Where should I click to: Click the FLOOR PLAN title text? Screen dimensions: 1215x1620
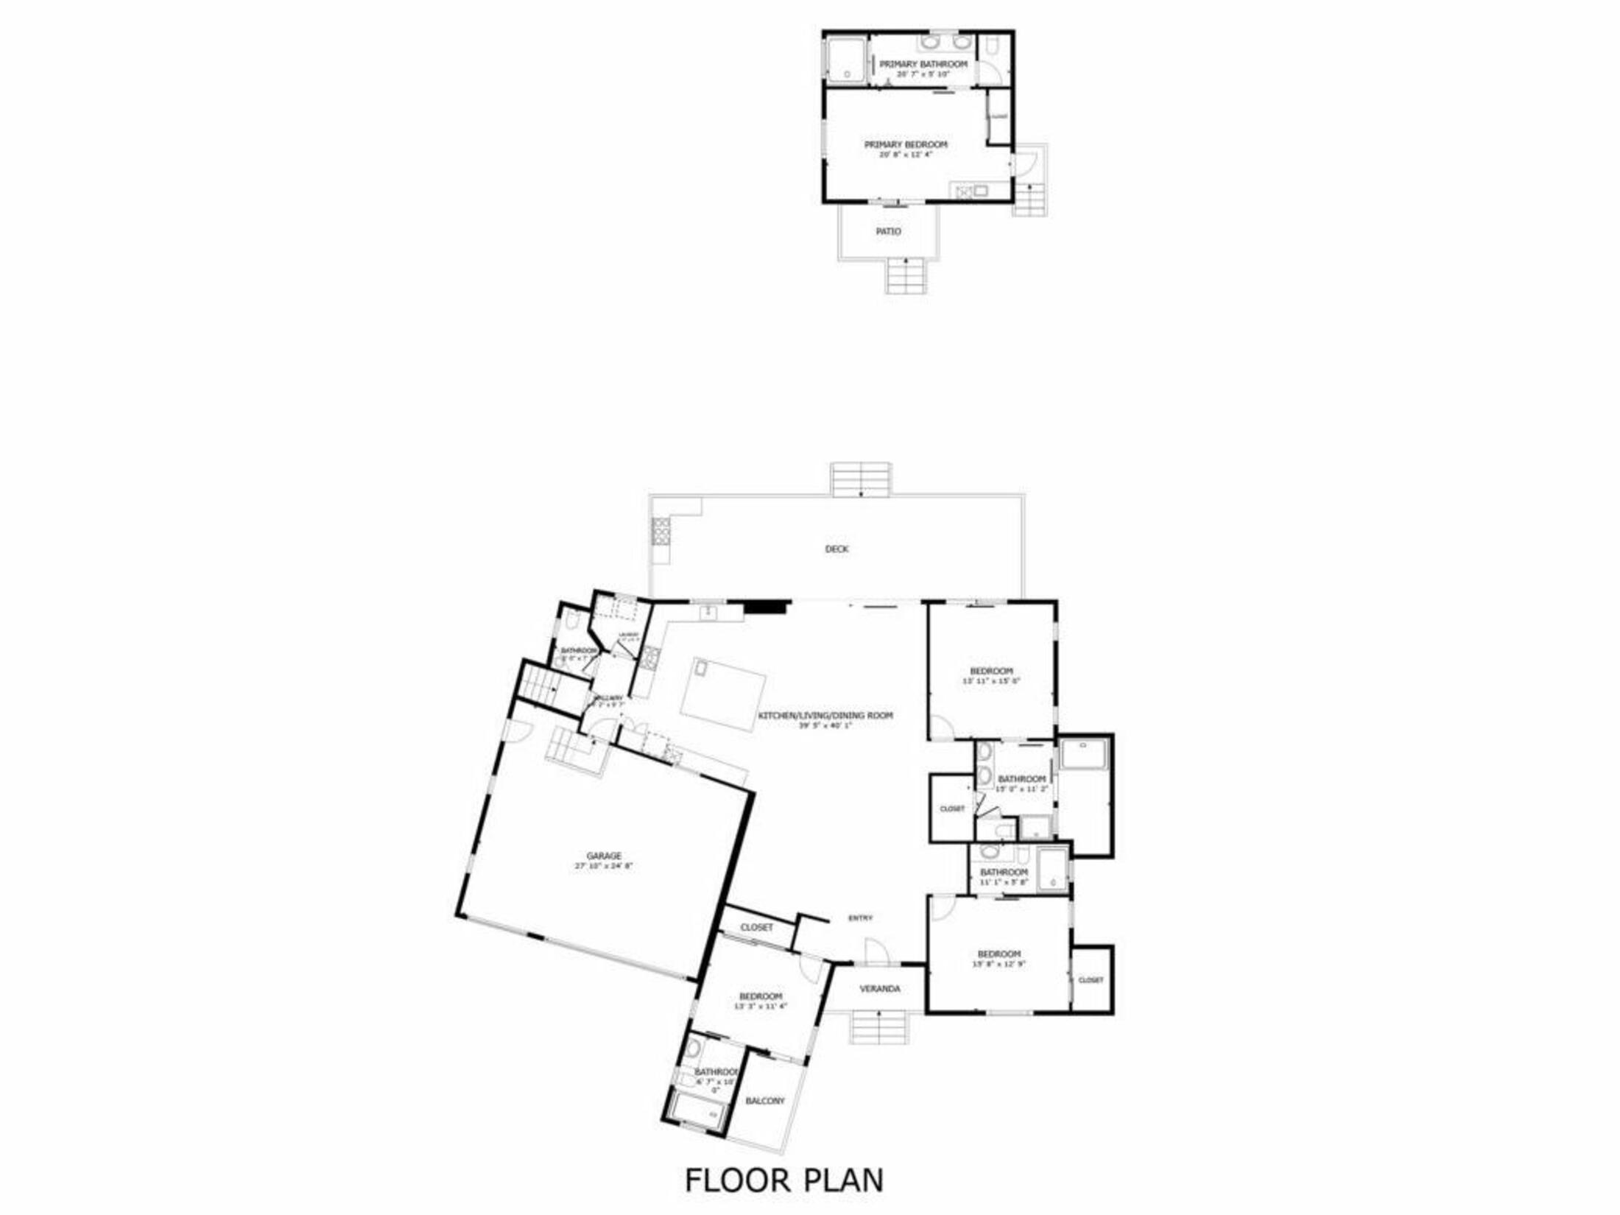click(784, 1180)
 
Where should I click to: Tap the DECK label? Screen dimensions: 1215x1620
click(837, 549)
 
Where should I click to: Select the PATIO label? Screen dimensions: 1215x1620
click(888, 231)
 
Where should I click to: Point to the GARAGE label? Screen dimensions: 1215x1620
click(604, 856)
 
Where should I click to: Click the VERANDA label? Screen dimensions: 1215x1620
click(880, 989)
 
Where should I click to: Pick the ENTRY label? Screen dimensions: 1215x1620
click(860, 918)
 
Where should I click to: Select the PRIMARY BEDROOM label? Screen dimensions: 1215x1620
click(906, 144)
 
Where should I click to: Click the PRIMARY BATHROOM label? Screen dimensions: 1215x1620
click(923, 64)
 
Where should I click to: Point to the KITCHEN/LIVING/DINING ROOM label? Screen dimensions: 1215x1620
click(825, 715)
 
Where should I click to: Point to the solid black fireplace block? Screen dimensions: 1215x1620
click(766, 607)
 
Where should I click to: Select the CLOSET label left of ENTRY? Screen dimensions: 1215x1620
click(756, 927)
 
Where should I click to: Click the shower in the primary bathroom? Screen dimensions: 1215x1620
click(845, 60)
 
